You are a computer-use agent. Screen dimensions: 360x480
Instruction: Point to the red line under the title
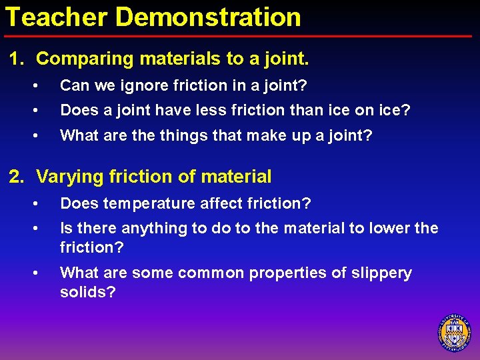[x=240, y=35]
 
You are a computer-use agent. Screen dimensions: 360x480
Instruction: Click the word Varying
[x=67, y=177]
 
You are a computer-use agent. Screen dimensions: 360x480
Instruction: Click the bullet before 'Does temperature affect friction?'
[x=42, y=203]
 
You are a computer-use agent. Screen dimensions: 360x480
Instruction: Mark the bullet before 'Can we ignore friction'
[x=42, y=85]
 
